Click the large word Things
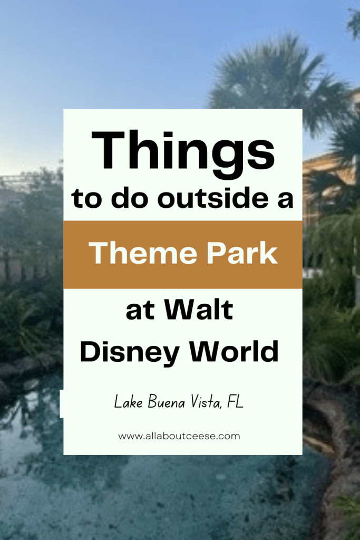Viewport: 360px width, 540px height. click(x=183, y=152)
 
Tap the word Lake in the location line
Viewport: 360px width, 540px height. click(x=128, y=403)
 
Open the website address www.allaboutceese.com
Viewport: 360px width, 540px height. click(x=179, y=436)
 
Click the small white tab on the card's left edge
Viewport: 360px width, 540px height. click(x=62, y=404)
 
